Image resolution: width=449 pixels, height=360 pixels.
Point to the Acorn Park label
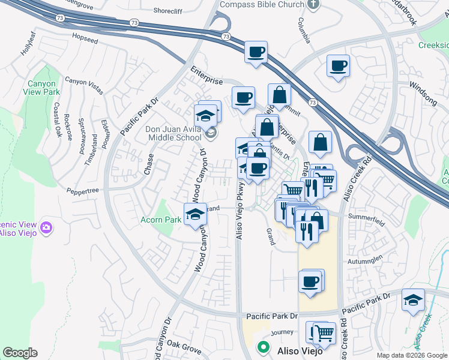point(161,220)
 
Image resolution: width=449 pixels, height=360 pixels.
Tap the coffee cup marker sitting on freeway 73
point(256,52)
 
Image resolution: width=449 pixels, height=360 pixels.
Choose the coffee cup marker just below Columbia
point(338,65)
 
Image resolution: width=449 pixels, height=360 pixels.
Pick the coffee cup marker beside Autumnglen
point(310,281)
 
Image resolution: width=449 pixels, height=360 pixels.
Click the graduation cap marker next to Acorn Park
point(194,214)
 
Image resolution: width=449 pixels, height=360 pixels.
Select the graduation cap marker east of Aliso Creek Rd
point(412,299)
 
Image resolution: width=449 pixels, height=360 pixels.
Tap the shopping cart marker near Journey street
point(324,332)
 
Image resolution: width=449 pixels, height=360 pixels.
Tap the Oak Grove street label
point(184,346)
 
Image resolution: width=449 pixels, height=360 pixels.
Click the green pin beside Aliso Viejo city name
point(262,347)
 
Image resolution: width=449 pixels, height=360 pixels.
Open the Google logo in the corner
point(20,353)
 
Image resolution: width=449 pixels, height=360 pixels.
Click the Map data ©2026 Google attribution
point(411,355)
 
